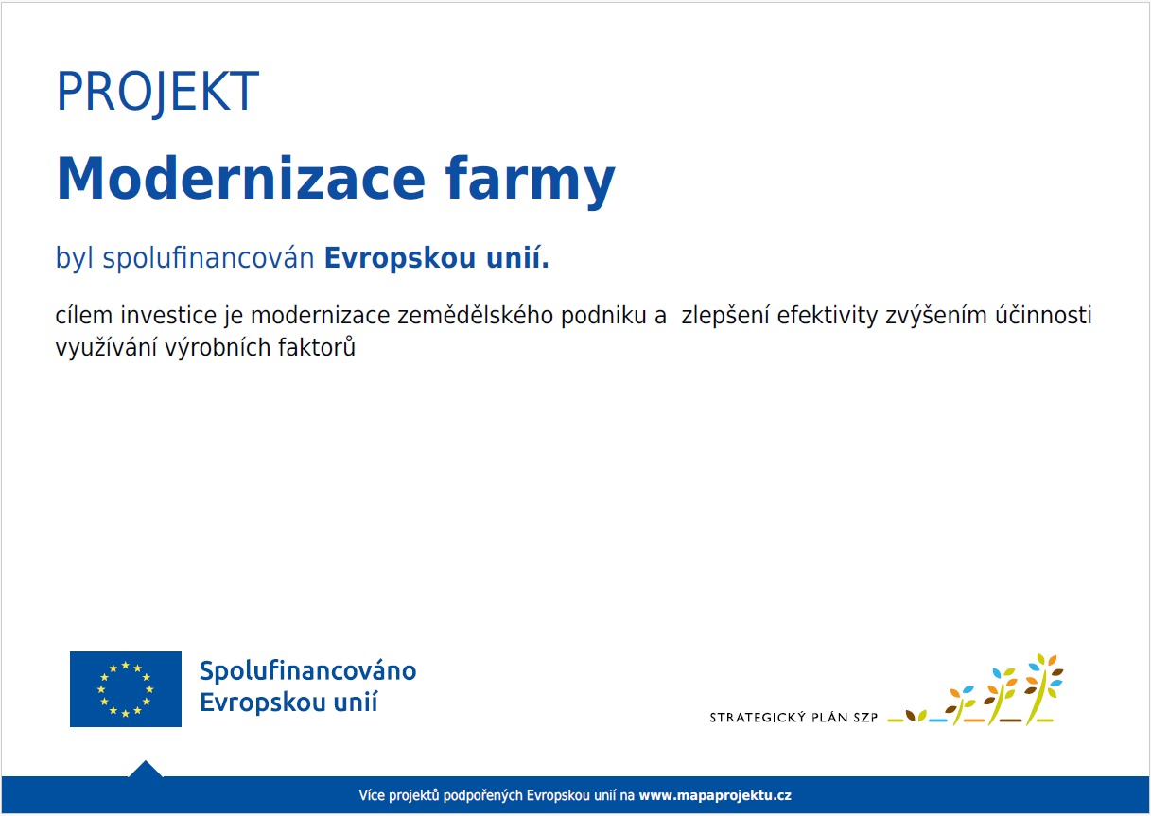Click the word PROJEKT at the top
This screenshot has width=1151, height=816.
(x=158, y=92)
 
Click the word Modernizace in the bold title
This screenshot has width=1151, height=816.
(x=241, y=179)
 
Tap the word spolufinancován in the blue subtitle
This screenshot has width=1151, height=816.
(x=208, y=257)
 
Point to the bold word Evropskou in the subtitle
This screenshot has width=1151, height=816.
(x=400, y=258)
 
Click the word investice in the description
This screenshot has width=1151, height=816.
(x=168, y=316)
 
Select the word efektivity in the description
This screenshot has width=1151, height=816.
(x=828, y=316)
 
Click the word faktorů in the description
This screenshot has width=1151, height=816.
(x=317, y=347)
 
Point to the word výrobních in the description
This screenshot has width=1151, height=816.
(x=218, y=347)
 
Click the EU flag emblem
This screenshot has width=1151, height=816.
(x=126, y=689)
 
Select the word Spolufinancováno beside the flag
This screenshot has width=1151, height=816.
(x=307, y=672)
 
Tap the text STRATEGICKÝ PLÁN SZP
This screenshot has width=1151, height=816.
(x=793, y=718)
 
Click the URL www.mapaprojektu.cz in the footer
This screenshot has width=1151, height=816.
(x=715, y=795)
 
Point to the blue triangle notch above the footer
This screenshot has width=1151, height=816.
(x=146, y=770)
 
